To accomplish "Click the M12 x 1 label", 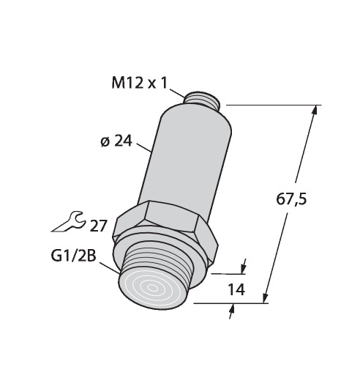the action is coord(140,83).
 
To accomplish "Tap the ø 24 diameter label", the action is coord(116,141).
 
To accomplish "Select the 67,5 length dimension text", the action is coord(291,199).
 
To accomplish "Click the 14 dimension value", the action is coord(236,289).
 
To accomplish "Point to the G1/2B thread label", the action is coord(73,256).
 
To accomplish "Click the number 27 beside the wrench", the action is coord(98,226).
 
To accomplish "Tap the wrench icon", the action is coord(68,221).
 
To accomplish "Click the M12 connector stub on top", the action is coord(202,100).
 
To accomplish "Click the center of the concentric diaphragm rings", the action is coord(152,288).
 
